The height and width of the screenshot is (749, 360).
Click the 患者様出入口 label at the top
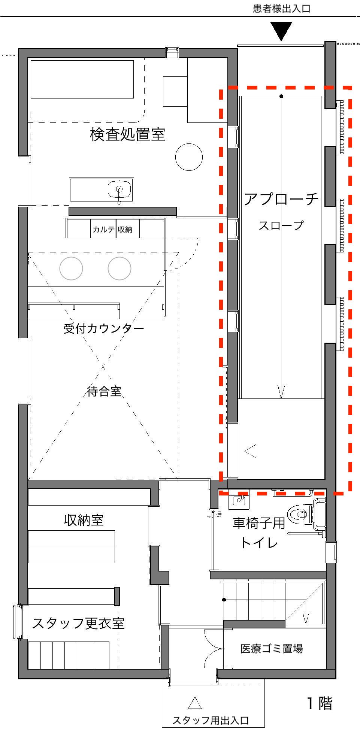tap(282, 9)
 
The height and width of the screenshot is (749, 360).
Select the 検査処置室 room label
tap(127, 134)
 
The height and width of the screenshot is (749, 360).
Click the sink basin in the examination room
tap(120, 189)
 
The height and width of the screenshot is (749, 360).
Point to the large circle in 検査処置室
tap(189, 157)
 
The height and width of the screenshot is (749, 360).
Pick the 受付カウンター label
tap(104, 328)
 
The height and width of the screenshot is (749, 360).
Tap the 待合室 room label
tap(104, 391)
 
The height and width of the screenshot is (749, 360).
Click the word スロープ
tap(281, 225)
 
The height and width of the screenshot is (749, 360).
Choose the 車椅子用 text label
tap(259, 523)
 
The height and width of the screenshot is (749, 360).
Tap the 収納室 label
tap(84, 520)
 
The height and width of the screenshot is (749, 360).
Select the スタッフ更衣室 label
tap(78, 623)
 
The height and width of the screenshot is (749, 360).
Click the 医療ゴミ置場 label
tap(272, 648)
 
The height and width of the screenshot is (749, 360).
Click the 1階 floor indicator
tap(320, 703)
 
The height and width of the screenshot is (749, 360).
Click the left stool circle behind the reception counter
tap(71, 268)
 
